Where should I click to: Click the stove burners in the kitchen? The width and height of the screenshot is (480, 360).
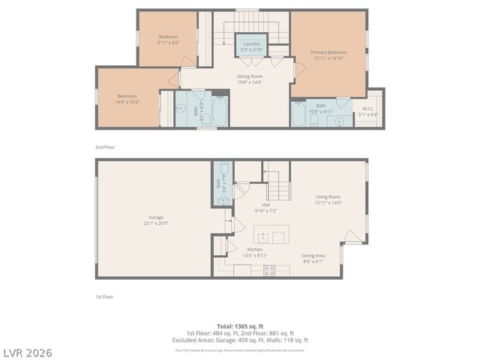point(268,270)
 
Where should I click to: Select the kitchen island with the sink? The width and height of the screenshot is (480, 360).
point(271,235)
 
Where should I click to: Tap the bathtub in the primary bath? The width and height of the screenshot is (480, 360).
point(298,115)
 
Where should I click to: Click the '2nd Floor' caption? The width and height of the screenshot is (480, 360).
point(105,147)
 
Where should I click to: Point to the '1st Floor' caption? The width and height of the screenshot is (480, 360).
point(104,297)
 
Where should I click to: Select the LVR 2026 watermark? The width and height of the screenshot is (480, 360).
point(26,352)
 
